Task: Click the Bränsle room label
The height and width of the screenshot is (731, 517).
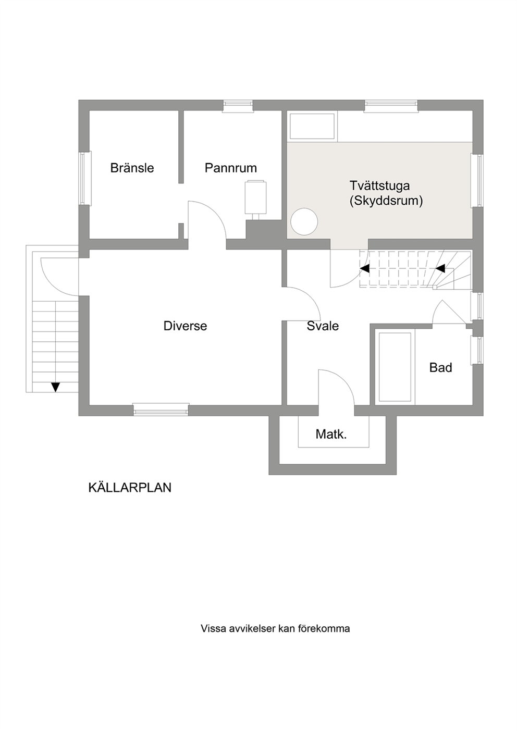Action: point(132,168)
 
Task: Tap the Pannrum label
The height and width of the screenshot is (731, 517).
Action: point(231,168)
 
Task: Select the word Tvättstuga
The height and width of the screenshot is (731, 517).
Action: point(379,185)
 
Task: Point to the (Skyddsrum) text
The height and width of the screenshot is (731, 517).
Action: point(386,201)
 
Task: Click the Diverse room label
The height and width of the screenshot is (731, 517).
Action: point(185,326)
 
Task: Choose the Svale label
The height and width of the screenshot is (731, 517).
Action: point(323,326)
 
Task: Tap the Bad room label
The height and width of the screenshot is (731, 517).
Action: point(440,367)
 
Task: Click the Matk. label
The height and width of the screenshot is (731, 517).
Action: point(331,434)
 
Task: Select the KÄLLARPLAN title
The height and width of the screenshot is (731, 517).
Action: point(130,488)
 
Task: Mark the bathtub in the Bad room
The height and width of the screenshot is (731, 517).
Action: point(395,367)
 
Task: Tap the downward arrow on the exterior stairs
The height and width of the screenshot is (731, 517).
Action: point(55,387)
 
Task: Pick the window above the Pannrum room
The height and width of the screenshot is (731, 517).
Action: point(238,106)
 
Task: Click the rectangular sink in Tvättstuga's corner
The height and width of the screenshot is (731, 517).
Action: point(312,126)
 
